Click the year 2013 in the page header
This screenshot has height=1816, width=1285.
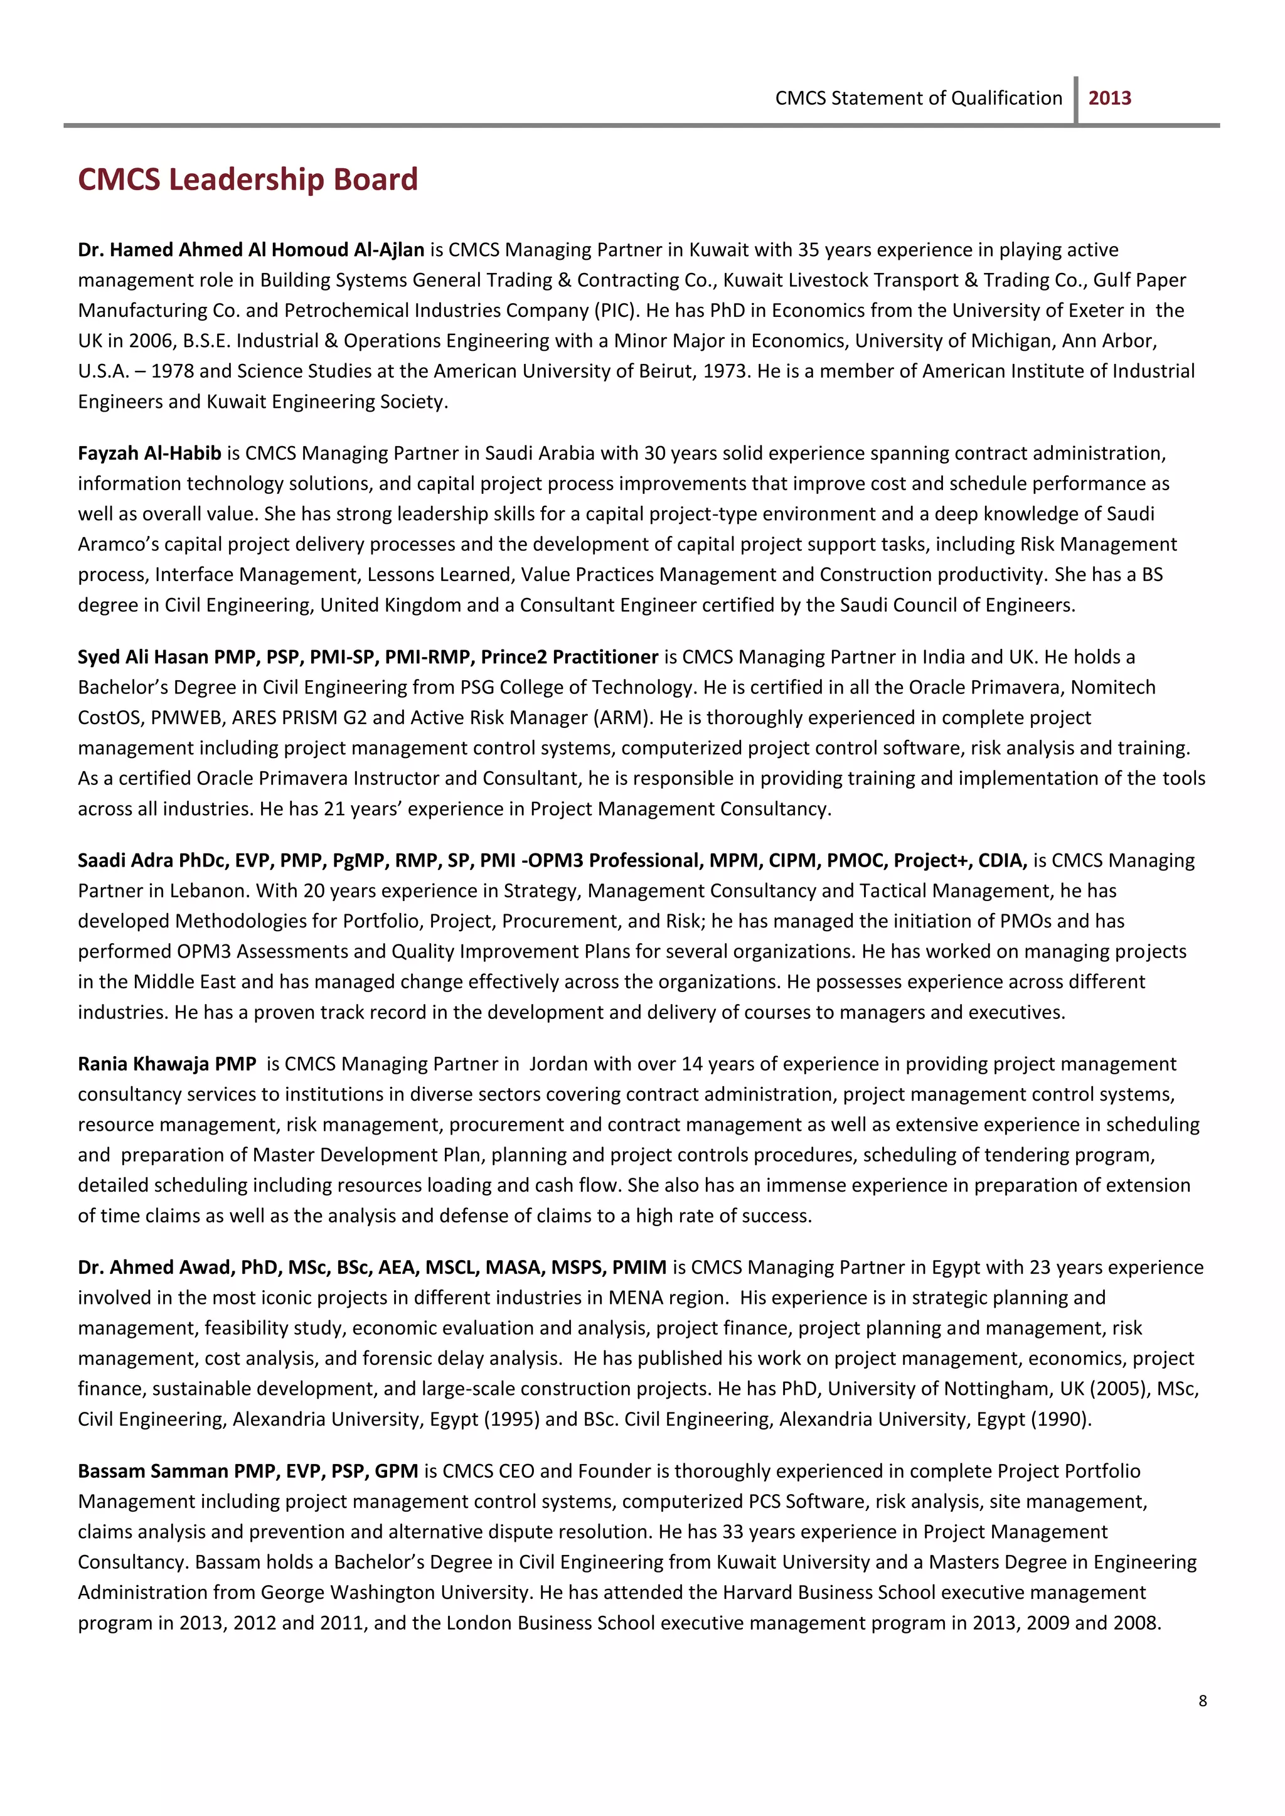tap(1109, 98)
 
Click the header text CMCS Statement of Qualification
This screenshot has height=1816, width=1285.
tap(918, 98)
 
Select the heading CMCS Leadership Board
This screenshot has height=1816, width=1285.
tap(248, 179)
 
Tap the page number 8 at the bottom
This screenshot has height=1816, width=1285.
tap(1202, 1701)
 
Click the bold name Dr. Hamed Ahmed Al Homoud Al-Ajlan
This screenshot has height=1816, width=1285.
tap(251, 250)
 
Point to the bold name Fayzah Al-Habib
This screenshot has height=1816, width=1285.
tap(149, 454)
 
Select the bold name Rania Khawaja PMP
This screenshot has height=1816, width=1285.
tap(167, 1064)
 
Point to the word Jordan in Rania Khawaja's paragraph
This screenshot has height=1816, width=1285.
tap(558, 1064)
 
